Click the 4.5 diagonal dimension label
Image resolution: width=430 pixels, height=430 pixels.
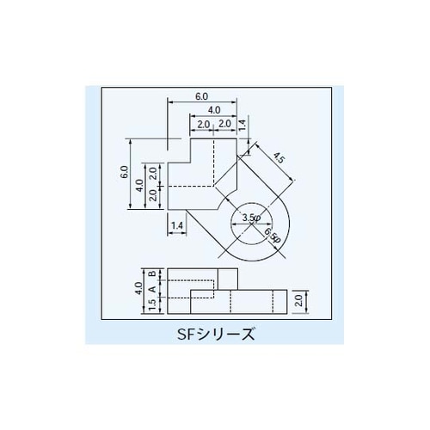[277, 158]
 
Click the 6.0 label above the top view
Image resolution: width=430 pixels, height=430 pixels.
[202, 95]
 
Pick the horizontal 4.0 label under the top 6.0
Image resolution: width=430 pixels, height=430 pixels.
[213, 110]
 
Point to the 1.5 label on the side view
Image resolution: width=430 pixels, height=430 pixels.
[151, 305]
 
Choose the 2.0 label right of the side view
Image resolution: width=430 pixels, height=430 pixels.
[298, 300]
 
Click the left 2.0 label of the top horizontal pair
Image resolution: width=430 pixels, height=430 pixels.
[203, 125]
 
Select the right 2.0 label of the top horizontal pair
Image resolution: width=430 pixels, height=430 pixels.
[224, 125]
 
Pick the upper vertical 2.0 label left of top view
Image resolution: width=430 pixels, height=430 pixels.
[153, 172]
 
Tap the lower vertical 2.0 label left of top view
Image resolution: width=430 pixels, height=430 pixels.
[153, 195]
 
